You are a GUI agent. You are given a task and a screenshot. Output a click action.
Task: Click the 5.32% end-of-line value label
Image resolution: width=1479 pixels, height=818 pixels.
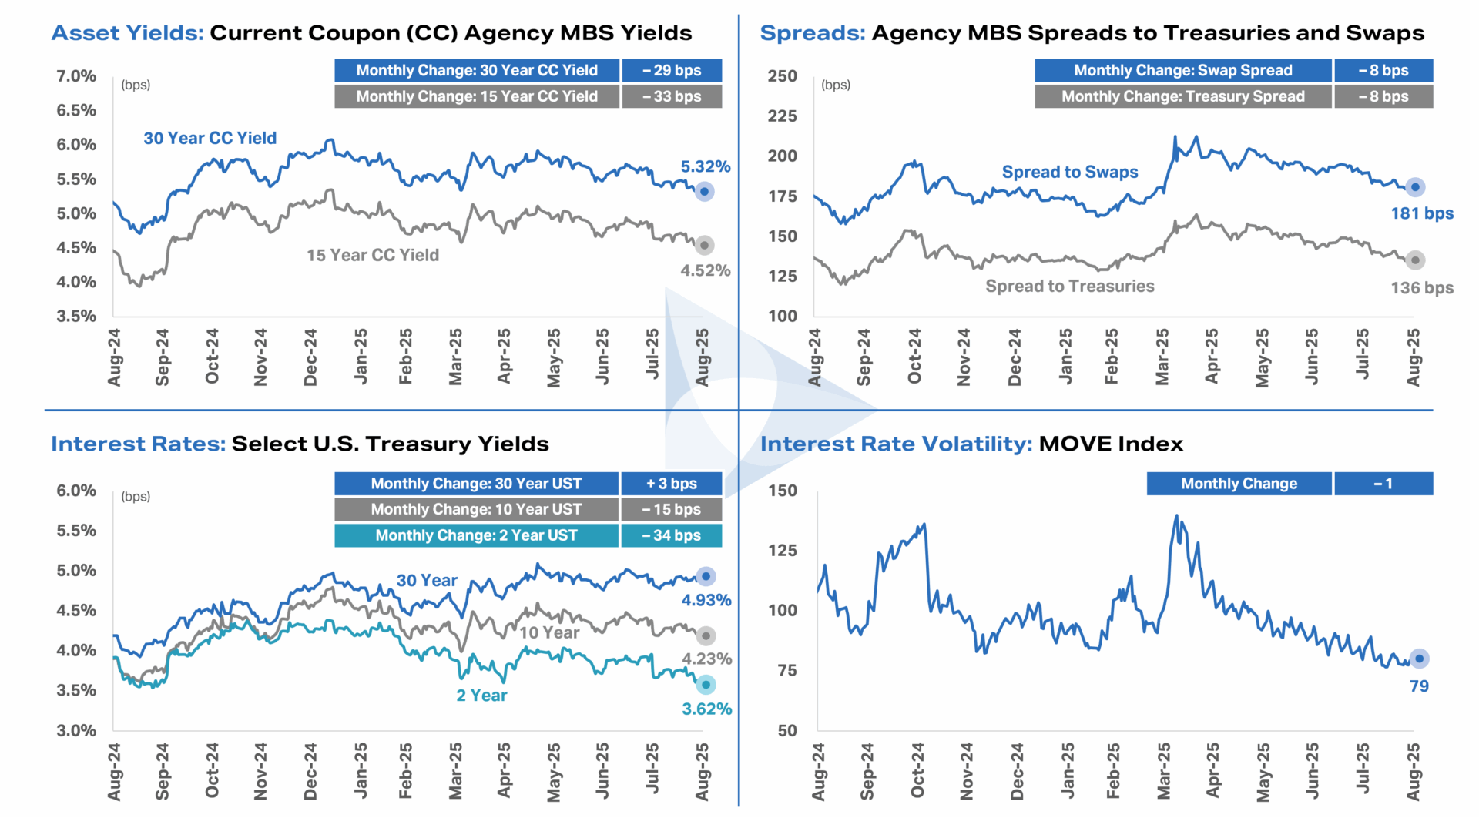coord(705,166)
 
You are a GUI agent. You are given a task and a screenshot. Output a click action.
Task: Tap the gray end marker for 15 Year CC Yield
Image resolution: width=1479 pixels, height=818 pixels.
coord(704,246)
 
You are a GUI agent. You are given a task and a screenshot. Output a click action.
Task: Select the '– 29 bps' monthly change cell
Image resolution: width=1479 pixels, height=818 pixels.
coord(672,70)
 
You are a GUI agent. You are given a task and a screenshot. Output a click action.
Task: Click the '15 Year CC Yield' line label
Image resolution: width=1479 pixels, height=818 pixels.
coord(373,255)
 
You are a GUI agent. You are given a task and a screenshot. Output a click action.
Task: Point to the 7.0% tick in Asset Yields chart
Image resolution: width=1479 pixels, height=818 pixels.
coord(76,76)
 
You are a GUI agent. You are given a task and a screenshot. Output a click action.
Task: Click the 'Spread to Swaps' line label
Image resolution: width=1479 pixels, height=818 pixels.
coord(1069,172)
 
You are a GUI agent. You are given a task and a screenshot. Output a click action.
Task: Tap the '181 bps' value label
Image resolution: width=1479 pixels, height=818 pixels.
coord(1421,213)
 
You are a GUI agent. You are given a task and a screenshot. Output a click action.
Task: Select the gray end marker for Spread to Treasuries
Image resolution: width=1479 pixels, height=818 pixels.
coord(1415,260)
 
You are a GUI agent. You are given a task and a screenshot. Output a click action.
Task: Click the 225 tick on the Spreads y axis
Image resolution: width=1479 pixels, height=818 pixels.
coord(783,116)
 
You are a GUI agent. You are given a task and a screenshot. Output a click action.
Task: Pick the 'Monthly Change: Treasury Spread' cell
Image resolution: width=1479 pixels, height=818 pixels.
coord(1182,96)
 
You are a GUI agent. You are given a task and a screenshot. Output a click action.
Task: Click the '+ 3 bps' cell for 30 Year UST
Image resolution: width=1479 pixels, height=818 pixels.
coord(672,484)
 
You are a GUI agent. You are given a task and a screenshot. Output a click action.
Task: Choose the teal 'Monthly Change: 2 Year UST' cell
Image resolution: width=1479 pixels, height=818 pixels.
coord(476,535)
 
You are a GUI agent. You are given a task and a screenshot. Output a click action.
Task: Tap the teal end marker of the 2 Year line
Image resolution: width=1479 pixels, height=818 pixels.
coord(706,685)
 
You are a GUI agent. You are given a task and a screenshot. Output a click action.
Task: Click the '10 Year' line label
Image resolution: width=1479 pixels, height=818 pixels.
coord(548,632)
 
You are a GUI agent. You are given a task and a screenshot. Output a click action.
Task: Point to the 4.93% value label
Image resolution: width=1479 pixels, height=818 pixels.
coord(706,600)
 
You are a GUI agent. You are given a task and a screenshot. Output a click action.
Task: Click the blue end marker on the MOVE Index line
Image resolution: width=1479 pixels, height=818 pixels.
coord(1419,659)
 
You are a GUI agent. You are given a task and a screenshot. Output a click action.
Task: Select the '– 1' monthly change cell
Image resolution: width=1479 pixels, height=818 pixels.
coord(1383,484)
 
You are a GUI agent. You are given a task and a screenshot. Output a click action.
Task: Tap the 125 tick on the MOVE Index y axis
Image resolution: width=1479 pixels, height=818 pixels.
coord(783,551)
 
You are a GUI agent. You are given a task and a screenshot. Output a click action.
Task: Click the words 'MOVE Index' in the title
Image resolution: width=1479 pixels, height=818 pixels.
coord(1110,444)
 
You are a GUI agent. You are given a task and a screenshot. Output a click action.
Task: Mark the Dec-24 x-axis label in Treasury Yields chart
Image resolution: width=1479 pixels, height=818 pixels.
coord(310,771)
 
